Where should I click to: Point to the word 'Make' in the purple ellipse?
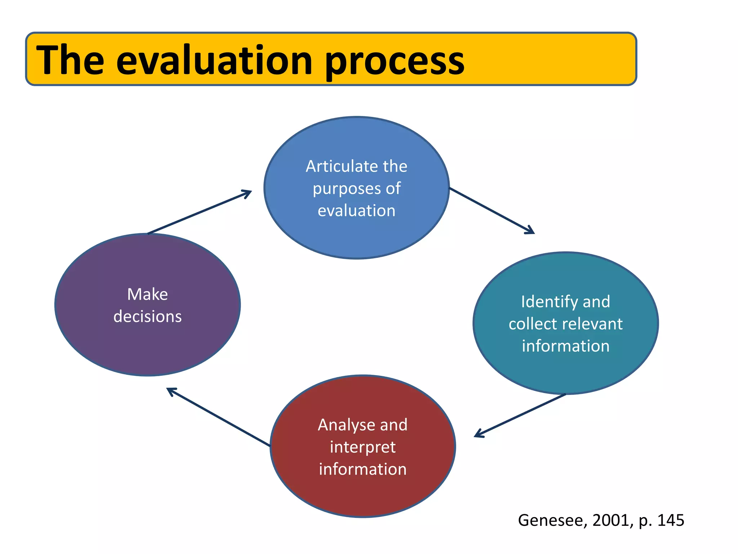(x=147, y=294)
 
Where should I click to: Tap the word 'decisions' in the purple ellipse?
(x=147, y=317)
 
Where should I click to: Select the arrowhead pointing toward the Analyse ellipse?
(x=479, y=434)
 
